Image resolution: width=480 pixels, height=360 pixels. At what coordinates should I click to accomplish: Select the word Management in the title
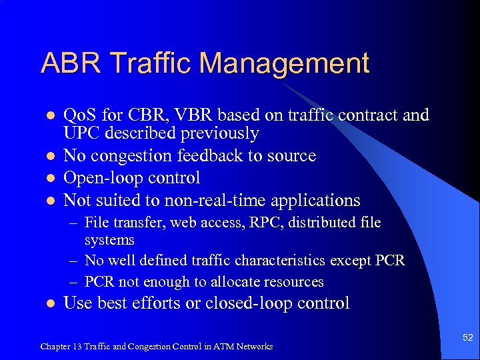point(284,63)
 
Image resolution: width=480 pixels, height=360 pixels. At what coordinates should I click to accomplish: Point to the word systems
point(109,239)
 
